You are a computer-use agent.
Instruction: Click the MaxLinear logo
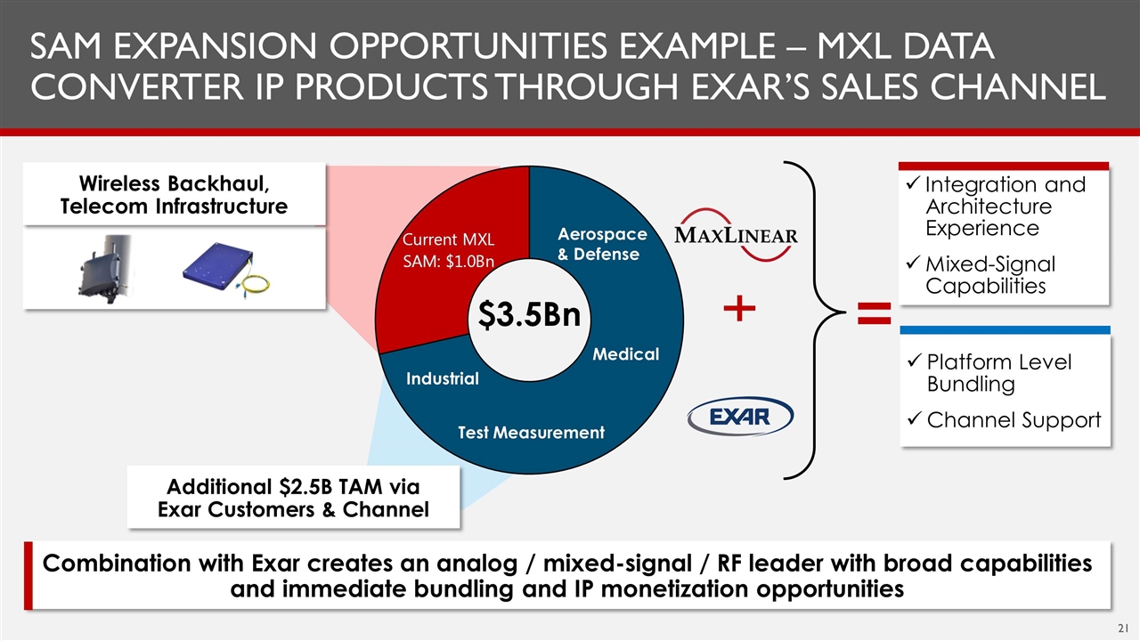(x=736, y=235)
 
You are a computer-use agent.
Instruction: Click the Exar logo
(x=740, y=417)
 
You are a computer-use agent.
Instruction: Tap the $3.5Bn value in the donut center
(x=529, y=315)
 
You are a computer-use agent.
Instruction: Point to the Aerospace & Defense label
(x=603, y=244)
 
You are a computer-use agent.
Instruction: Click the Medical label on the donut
(x=625, y=354)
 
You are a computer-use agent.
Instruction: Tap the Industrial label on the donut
(x=443, y=378)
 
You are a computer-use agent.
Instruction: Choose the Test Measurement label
(x=532, y=433)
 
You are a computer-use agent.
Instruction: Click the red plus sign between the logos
(x=739, y=308)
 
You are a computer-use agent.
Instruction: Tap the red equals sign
(x=875, y=312)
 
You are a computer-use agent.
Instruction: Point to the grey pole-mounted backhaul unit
(x=106, y=269)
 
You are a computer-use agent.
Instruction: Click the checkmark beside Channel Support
(x=915, y=419)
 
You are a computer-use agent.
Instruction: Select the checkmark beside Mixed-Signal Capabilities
(x=913, y=263)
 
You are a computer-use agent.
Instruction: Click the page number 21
(x=1123, y=628)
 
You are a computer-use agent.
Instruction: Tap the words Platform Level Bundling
(x=999, y=373)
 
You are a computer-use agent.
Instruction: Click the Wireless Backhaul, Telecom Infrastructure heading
(x=174, y=195)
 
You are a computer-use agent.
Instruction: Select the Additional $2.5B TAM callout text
(x=293, y=498)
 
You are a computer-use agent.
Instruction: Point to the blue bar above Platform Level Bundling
(x=1006, y=330)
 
